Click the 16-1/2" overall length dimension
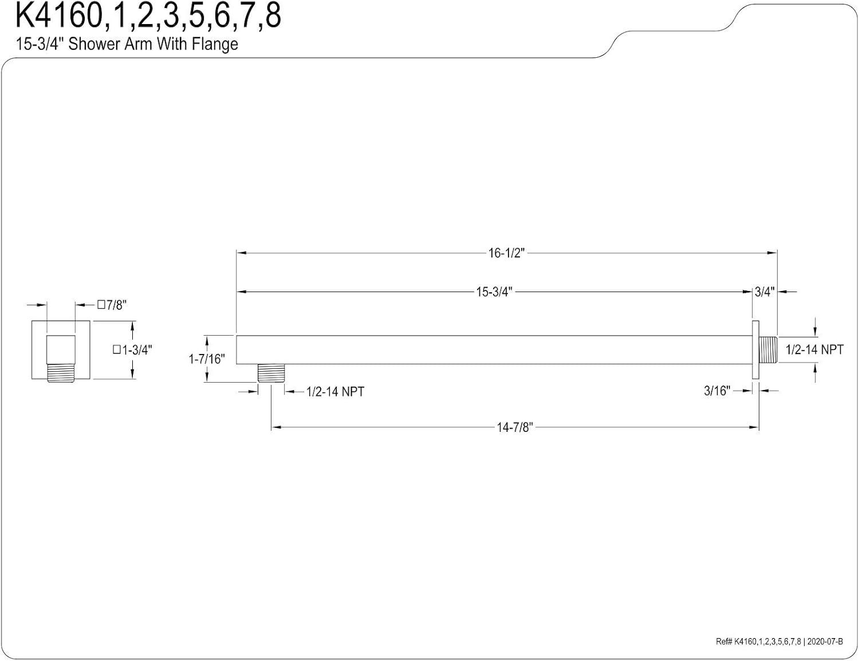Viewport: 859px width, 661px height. [506, 253]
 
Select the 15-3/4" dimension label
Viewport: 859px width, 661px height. [494, 292]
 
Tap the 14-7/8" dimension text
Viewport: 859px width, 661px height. [515, 427]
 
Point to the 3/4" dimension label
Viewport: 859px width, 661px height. [764, 292]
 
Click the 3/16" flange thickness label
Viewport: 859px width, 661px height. [717, 391]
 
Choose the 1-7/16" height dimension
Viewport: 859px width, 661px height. [207, 359]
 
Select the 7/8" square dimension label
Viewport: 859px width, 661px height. [112, 305]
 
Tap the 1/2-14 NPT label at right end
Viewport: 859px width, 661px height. [814, 349]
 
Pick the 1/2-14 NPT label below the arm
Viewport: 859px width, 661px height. [335, 392]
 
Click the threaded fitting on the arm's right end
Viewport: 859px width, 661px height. [768, 349]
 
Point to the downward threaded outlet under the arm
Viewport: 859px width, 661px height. [271, 373]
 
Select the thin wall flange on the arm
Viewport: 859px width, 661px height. [755, 349]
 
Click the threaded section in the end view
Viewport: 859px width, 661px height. [60, 373]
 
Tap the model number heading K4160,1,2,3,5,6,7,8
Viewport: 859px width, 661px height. [148, 16]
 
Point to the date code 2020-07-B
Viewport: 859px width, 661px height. [825, 642]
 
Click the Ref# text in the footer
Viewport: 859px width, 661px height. [724, 642]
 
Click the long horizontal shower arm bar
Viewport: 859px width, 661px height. [492, 349]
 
